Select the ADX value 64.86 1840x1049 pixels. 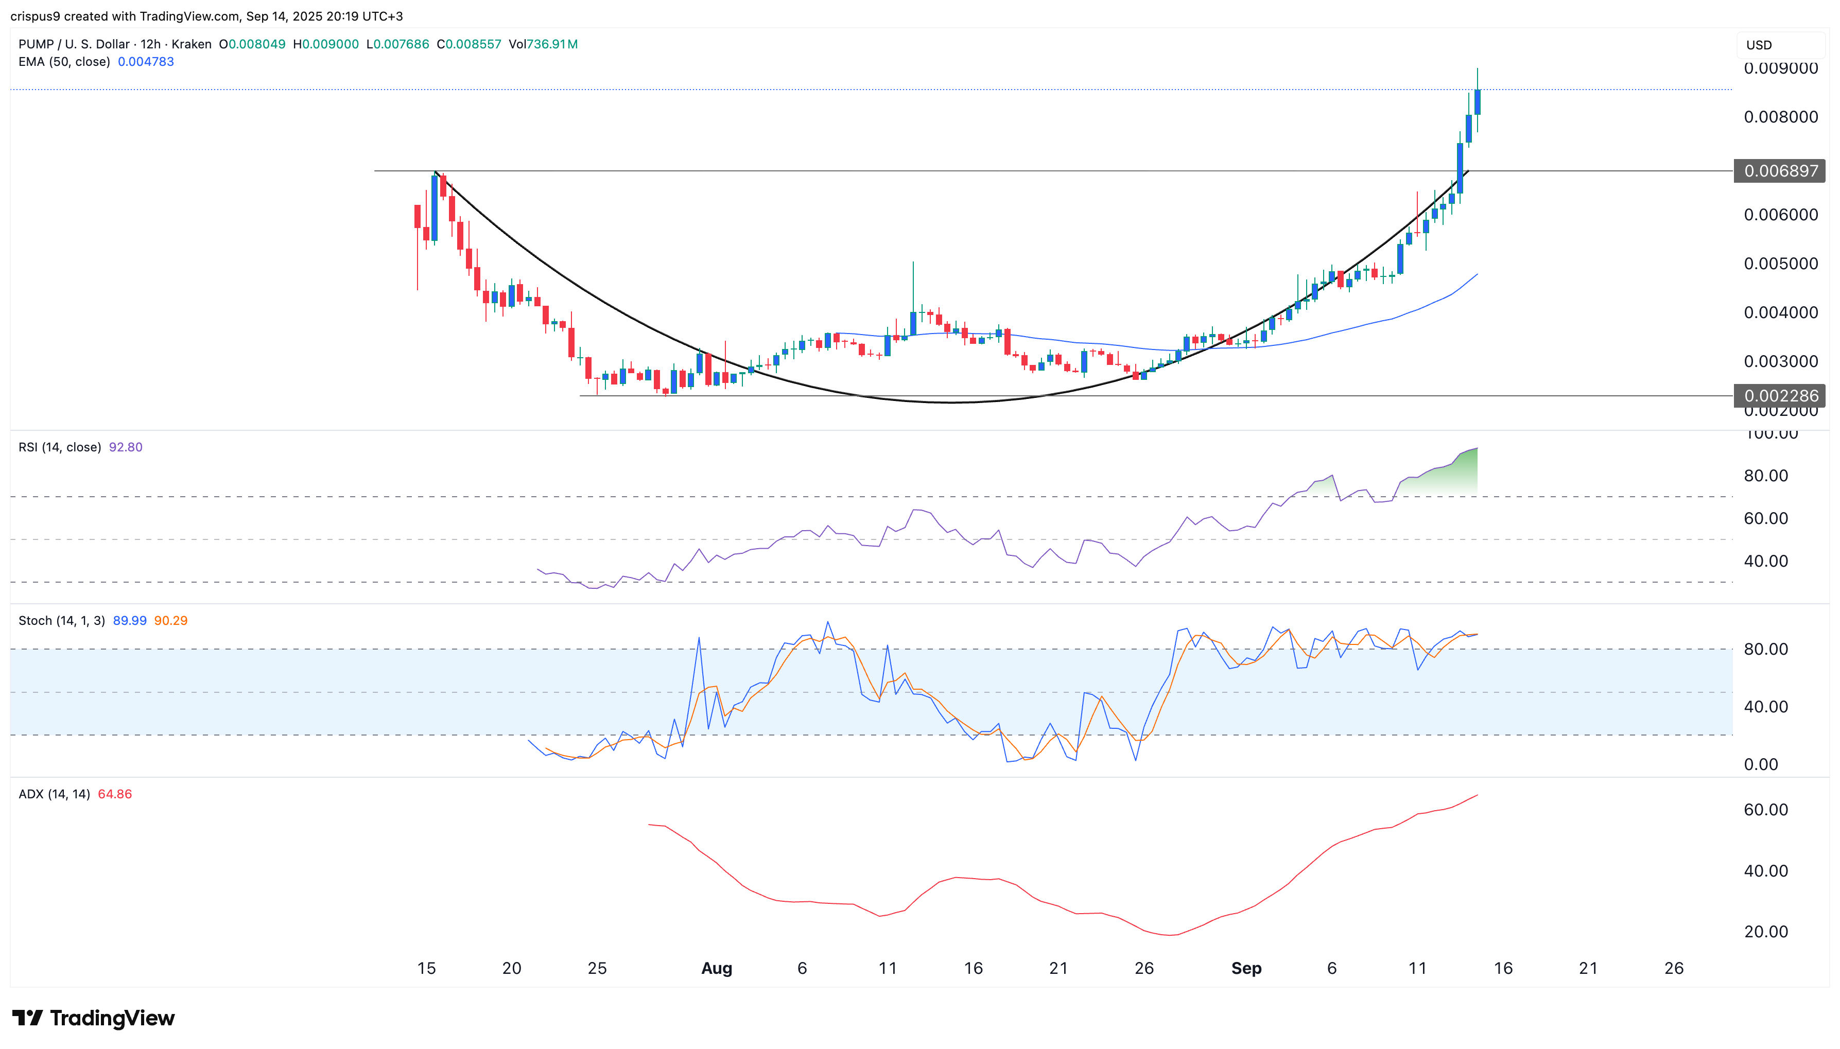point(115,794)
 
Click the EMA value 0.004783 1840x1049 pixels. point(146,62)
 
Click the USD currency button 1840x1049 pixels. point(1759,45)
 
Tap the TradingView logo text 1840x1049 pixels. point(112,1018)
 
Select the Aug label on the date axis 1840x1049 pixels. point(716,968)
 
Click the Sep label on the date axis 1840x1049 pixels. point(1246,968)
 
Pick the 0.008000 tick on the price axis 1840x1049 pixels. point(1780,117)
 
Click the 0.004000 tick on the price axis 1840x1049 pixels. point(1780,312)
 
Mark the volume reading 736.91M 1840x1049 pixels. point(552,44)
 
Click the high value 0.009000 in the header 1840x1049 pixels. point(330,44)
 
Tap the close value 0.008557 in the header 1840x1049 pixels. point(473,44)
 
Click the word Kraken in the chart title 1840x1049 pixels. point(192,44)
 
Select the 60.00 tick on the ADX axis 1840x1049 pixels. point(1765,810)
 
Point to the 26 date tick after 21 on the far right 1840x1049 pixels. point(1674,968)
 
